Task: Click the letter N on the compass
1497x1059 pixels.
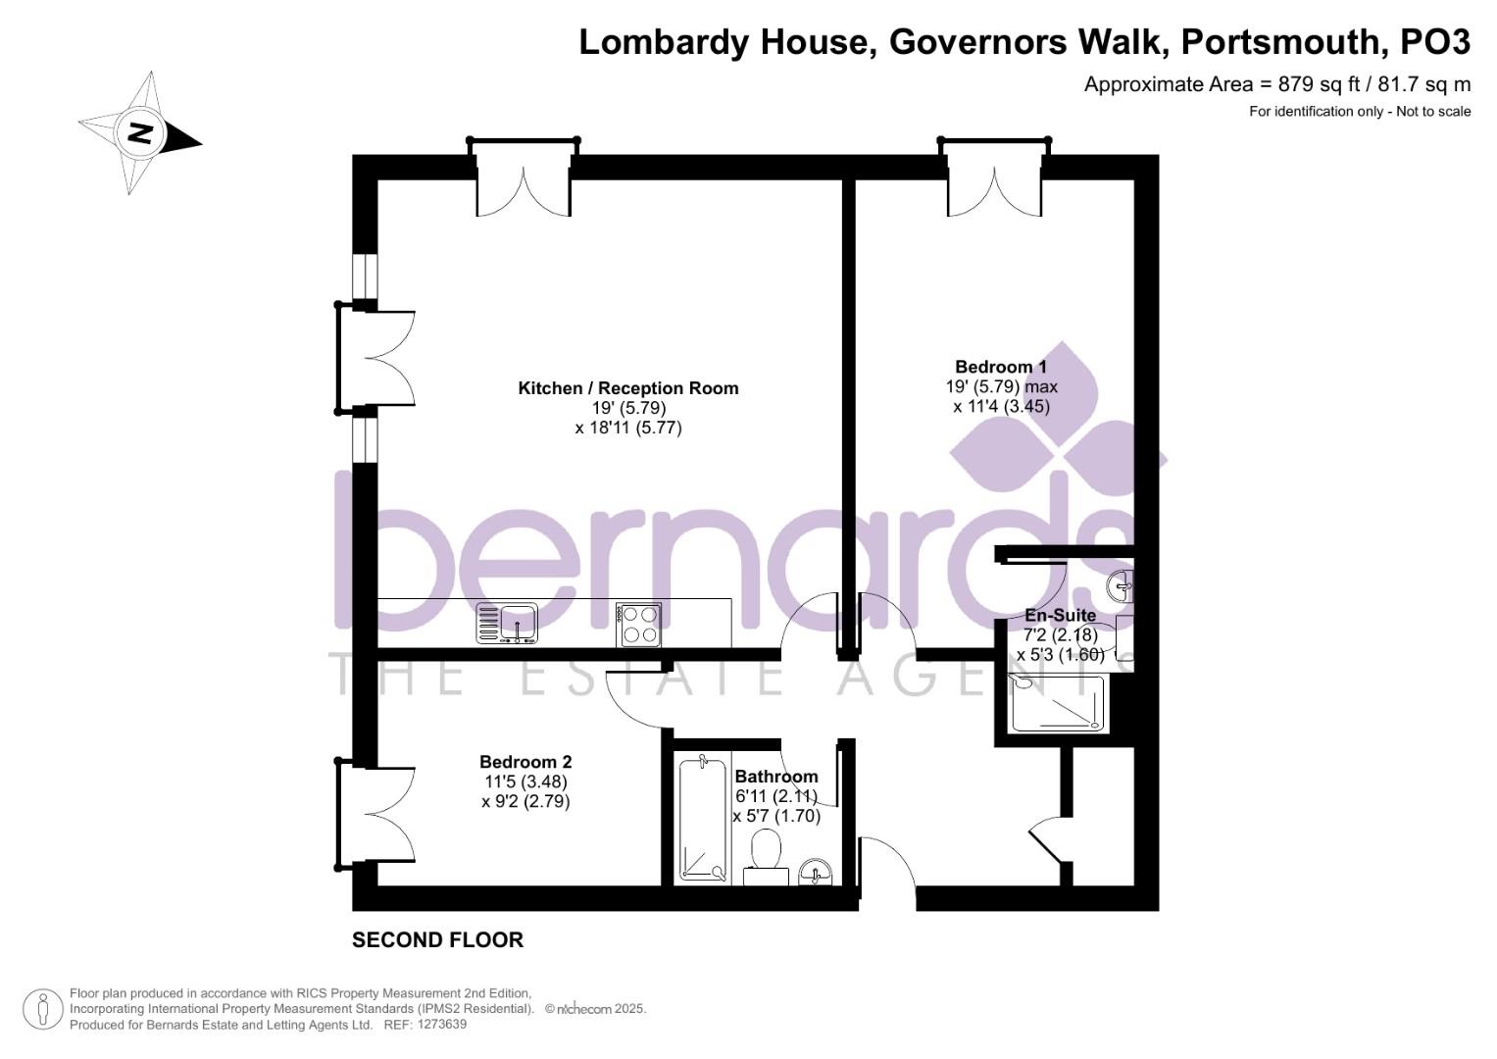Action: click(x=140, y=133)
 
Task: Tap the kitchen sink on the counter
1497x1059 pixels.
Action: click(x=507, y=623)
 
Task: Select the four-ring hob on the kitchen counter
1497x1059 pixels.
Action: click(x=639, y=626)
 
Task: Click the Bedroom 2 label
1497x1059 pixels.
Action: click(x=525, y=762)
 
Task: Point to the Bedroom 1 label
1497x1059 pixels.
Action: click(x=1000, y=367)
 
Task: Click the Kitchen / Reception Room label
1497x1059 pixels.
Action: click(x=628, y=387)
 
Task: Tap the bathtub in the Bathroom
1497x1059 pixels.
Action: click(x=703, y=819)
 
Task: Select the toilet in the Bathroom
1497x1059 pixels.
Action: click(x=766, y=857)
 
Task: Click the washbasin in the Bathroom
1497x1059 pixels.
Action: click(x=816, y=872)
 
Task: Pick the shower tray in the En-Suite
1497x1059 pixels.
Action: click(x=1058, y=703)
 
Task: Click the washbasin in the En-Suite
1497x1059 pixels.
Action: click(x=1121, y=587)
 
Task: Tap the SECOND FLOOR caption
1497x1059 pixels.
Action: click(x=438, y=940)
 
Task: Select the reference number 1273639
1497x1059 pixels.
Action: click(x=441, y=1025)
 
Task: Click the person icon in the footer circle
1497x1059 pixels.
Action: click(x=43, y=1010)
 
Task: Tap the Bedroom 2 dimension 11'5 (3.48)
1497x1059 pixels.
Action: click(x=525, y=781)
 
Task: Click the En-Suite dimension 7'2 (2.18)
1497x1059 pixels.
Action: click(x=1061, y=634)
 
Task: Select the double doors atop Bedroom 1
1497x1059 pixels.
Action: click(x=994, y=179)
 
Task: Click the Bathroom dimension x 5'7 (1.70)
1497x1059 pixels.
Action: click(x=776, y=816)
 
